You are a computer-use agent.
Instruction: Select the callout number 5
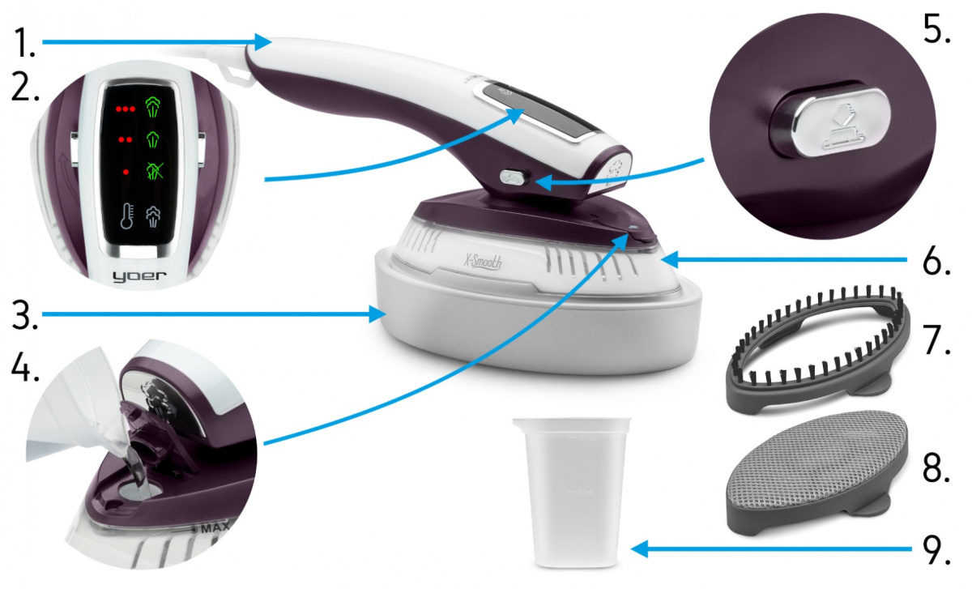pyautogui.click(x=936, y=28)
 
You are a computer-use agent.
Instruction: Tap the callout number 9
pyautogui.click(x=936, y=549)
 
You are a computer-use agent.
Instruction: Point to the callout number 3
pyautogui.click(x=25, y=315)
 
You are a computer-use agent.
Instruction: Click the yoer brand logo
pyautogui.click(x=139, y=276)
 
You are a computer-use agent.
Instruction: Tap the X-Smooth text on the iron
pyautogui.click(x=483, y=262)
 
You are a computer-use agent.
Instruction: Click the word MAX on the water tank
pyautogui.click(x=215, y=529)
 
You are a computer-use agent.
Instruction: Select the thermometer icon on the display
pyautogui.click(x=126, y=216)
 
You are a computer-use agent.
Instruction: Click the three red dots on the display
pyautogui.click(x=126, y=109)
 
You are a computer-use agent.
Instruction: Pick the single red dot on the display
pyautogui.click(x=126, y=173)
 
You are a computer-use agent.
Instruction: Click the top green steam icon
pyautogui.click(x=153, y=107)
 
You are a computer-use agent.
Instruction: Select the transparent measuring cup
pyautogui.click(x=572, y=493)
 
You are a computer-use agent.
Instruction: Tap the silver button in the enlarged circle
pyautogui.click(x=829, y=123)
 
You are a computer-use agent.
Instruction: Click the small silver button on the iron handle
pyautogui.click(x=514, y=177)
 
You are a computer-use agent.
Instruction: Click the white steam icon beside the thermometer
pyautogui.click(x=153, y=216)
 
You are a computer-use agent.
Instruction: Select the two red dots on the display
pyautogui.click(x=126, y=140)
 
